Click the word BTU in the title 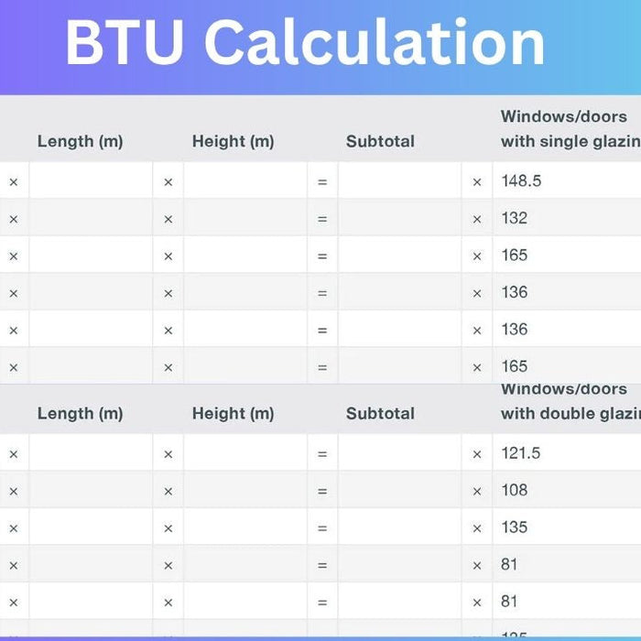tap(125, 43)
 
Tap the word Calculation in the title tap(375, 43)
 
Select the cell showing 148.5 tap(521, 181)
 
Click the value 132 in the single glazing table tap(515, 218)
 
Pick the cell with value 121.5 tap(521, 453)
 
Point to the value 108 tap(515, 490)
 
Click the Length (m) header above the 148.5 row tap(80, 141)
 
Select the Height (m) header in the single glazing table tap(233, 141)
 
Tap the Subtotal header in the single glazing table tap(380, 141)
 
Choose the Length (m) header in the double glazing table tap(80, 413)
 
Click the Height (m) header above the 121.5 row tap(233, 413)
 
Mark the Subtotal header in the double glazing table tap(380, 413)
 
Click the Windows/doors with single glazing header tap(568, 129)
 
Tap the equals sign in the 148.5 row tap(322, 182)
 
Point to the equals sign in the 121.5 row tap(322, 454)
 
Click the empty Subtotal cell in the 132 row tap(399, 218)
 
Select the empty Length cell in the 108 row tap(91, 490)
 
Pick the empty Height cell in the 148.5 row tap(244, 181)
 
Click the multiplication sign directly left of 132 tap(476, 219)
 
